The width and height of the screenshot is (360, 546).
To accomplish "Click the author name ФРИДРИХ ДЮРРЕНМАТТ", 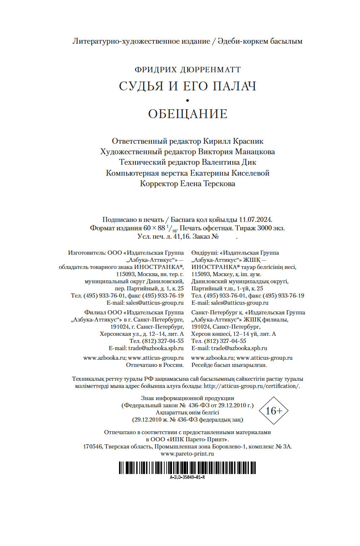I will point(188,70).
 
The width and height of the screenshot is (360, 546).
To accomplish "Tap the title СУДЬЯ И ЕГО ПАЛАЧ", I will point(188,86).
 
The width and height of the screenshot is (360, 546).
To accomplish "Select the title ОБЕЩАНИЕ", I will point(188,114).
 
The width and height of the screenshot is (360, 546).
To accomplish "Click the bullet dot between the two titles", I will point(188,100).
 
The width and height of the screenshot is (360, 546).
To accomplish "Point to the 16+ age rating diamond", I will point(274,411).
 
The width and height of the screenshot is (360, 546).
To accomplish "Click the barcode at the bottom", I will point(187,468).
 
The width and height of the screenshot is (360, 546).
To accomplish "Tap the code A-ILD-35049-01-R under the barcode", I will point(187,477).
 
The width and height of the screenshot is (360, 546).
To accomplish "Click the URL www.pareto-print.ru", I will point(188,454).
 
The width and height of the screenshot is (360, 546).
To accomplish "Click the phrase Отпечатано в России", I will point(155,365).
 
